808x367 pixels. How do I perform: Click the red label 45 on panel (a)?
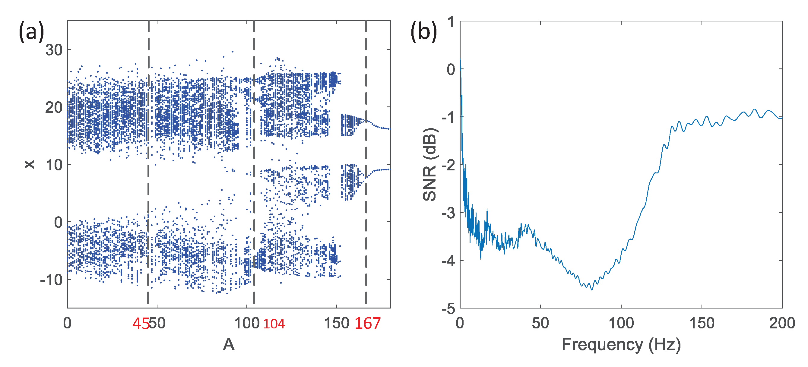click(140, 324)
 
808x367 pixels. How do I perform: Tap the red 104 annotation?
click(274, 324)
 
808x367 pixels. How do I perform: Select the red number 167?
click(367, 323)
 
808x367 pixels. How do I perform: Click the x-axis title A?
click(229, 345)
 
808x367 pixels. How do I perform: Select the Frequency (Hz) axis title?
click(621, 345)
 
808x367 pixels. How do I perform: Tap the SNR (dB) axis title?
click(429, 164)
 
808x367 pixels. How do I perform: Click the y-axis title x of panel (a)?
click(29, 164)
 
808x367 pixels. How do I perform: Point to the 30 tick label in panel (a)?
click(54, 50)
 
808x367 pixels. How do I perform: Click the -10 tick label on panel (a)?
click(52, 280)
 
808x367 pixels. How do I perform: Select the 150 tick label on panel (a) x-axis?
click(336, 323)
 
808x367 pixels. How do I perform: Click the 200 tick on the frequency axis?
click(782, 323)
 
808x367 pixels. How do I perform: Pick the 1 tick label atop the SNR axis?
click(451, 22)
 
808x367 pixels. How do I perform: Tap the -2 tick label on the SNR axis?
click(448, 165)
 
